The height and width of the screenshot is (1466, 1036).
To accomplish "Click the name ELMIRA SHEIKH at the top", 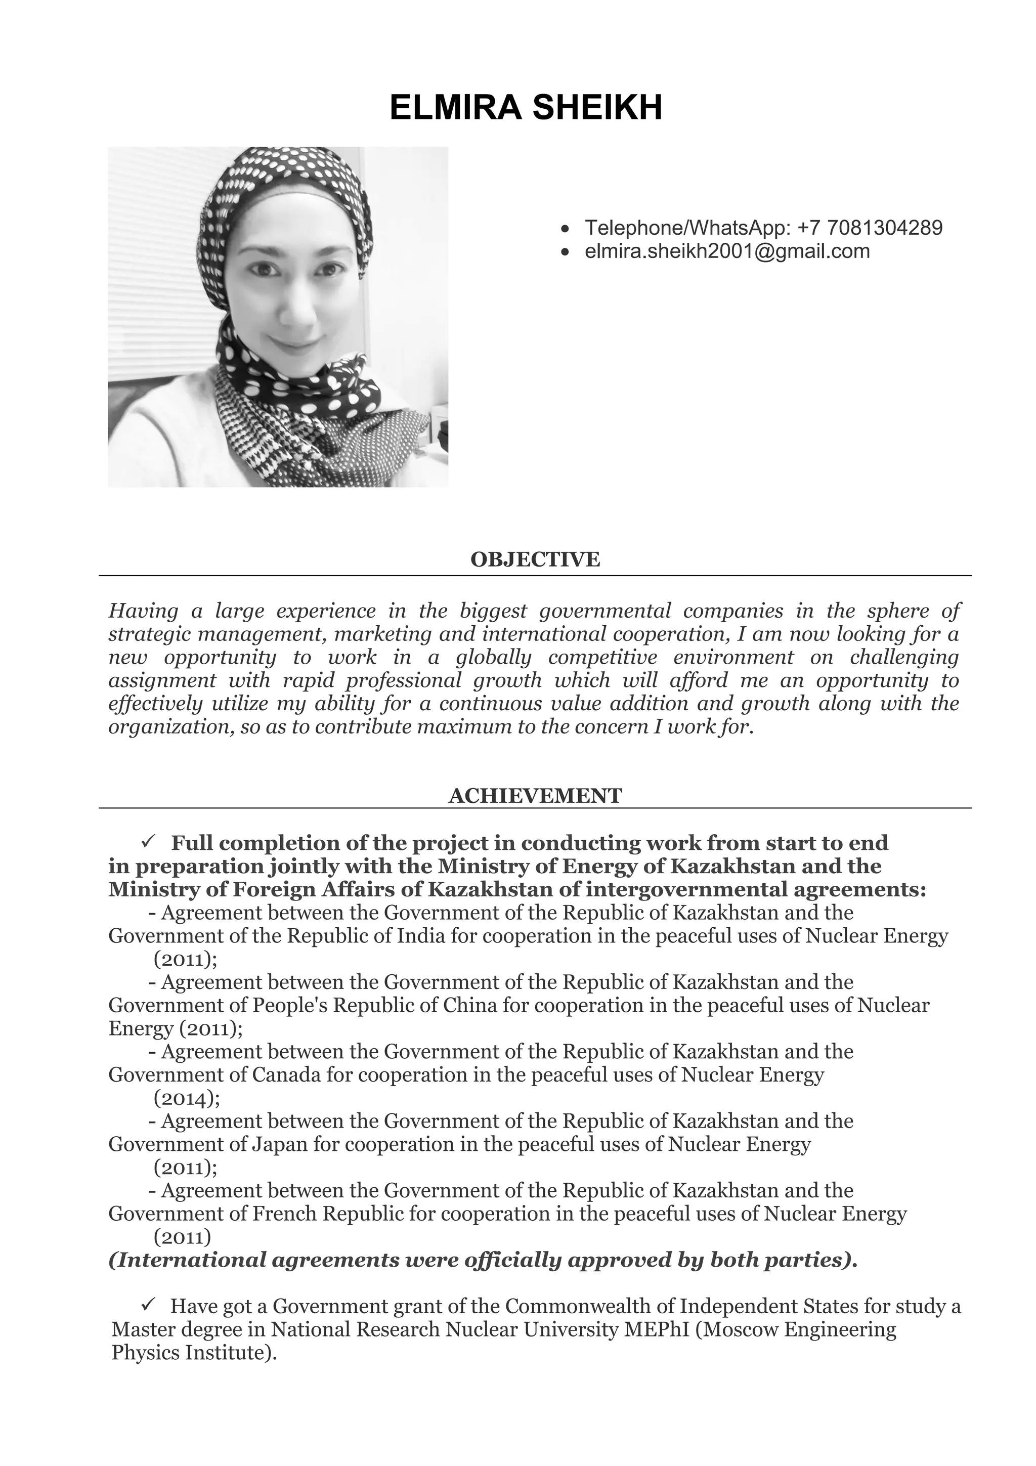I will pos(526,107).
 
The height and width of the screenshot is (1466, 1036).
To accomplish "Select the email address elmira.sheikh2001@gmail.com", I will pos(727,251).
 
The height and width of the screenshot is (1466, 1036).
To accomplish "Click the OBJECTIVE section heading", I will pos(535,559).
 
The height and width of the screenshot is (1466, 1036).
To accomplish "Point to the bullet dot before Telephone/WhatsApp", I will pos(564,229).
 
